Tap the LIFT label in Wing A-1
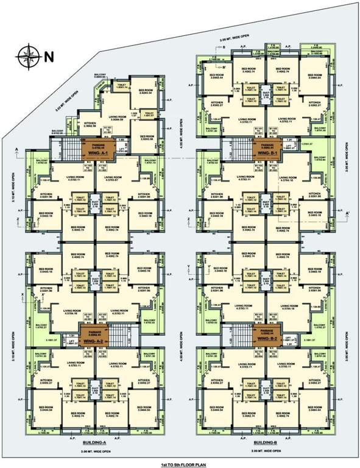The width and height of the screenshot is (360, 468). tap(121, 147)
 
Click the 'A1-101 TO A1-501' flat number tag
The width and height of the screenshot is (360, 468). tap(108, 130)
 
